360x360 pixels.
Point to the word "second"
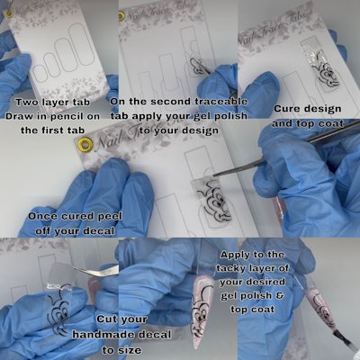point(171,101)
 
